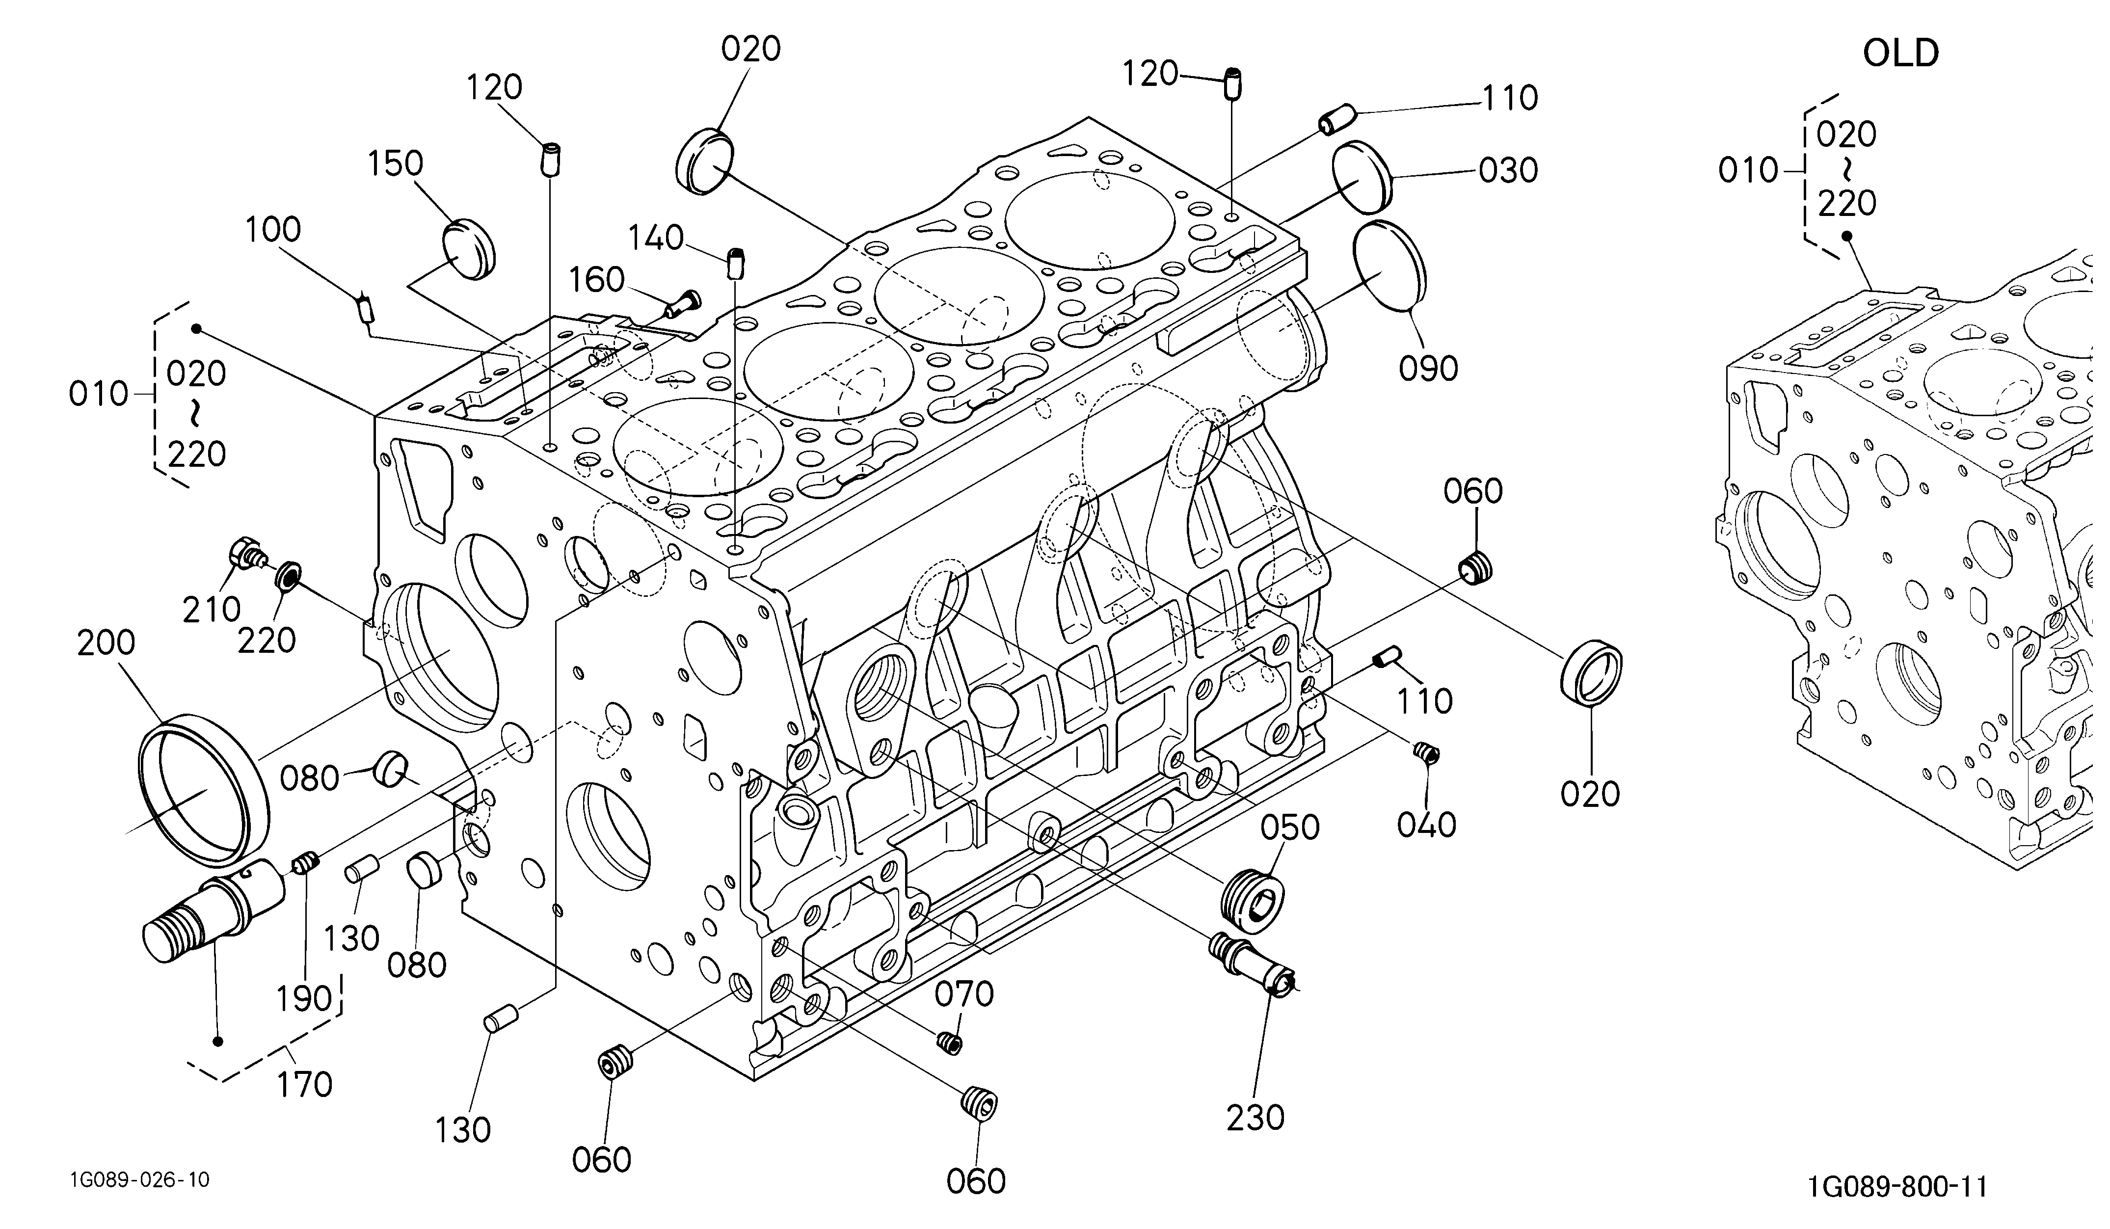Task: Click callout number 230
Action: click(1255, 1118)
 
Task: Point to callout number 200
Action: click(107, 643)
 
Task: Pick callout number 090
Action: click(1428, 369)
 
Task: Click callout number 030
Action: click(1508, 171)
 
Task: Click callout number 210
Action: click(212, 610)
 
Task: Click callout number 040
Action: click(1427, 826)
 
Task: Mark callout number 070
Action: click(964, 994)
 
